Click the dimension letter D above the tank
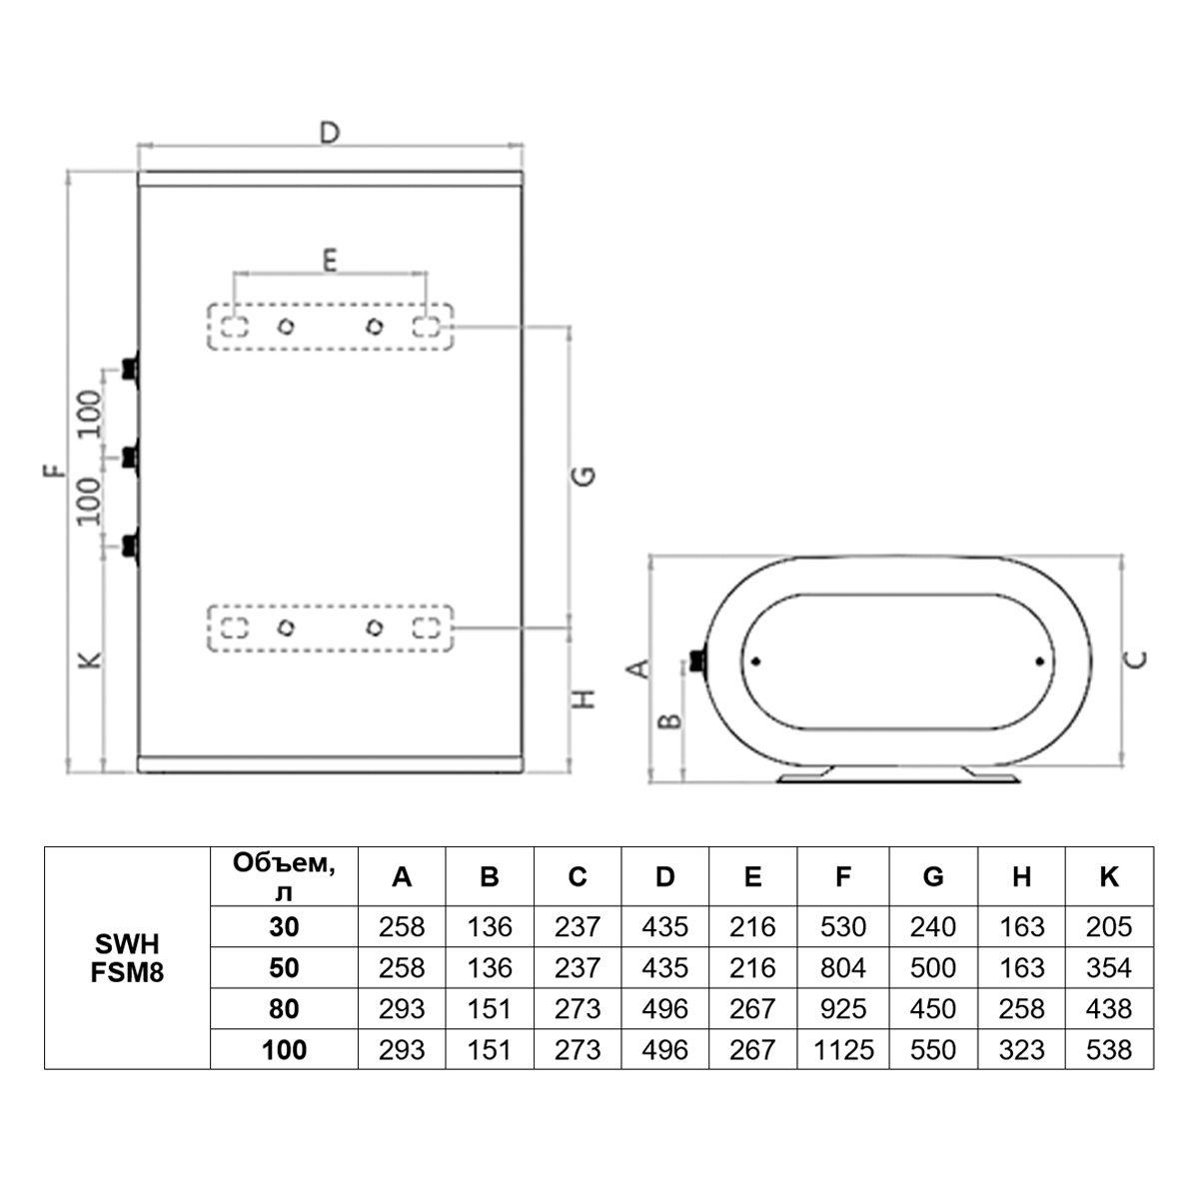(x=329, y=133)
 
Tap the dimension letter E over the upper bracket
(x=330, y=260)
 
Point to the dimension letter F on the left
(x=54, y=471)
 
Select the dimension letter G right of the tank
(x=583, y=476)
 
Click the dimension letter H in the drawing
(x=584, y=698)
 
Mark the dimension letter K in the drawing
(x=90, y=660)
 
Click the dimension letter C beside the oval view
(x=1136, y=659)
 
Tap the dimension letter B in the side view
(x=670, y=721)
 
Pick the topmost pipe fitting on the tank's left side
(x=130, y=370)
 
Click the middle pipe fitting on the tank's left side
(x=130, y=458)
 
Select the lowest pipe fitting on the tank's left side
(x=130, y=546)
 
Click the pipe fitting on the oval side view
(x=698, y=660)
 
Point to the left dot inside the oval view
(x=755, y=661)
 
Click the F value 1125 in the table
(x=843, y=1050)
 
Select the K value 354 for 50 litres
(x=1109, y=967)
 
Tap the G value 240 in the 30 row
(x=932, y=926)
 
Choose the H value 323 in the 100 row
(x=1022, y=1050)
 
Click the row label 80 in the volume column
(x=284, y=1008)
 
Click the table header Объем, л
(x=284, y=877)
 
